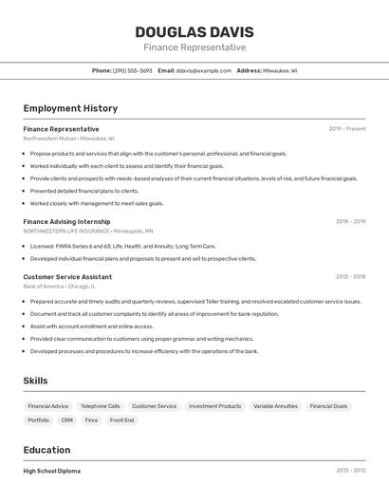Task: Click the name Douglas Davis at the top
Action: click(194, 31)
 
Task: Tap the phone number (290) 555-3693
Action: click(132, 70)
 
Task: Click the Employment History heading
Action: click(70, 108)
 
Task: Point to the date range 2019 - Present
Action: click(346, 129)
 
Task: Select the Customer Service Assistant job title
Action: click(67, 277)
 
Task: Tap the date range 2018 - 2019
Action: click(350, 221)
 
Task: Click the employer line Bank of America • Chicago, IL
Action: click(60, 287)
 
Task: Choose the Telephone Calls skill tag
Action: click(100, 406)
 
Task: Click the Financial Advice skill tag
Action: click(47, 406)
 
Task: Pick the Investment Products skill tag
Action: click(214, 406)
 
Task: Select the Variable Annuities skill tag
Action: click(275, 406)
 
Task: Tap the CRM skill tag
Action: click(66, 419)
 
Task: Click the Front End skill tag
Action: click(121, 419)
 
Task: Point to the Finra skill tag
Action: click(91, 419)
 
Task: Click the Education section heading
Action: click(46, 450)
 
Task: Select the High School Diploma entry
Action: click(52, 471)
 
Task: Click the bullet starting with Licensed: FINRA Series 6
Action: click(122, 247)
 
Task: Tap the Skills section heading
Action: click(35, 381)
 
